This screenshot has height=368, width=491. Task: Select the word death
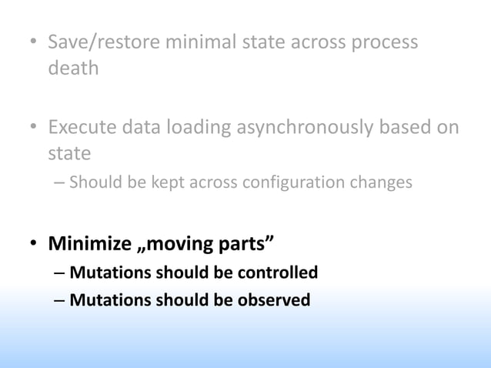point(74,68)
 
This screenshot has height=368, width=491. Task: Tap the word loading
point(201,127)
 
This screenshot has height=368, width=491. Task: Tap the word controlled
point(271,273)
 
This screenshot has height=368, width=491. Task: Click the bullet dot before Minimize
point(34,246)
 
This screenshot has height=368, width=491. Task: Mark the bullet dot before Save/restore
point(34,42)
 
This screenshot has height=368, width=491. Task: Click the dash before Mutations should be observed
point(59,299)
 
